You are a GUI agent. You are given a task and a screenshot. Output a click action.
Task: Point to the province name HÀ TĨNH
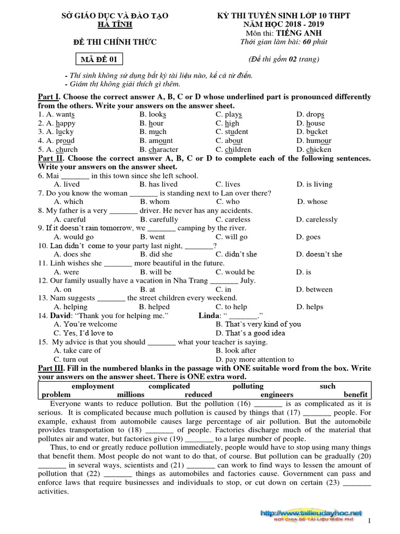click(115, 25)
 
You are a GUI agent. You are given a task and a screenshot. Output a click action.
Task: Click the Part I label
click(49, 97)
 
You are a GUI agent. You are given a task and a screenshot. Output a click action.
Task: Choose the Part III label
click(52, 368)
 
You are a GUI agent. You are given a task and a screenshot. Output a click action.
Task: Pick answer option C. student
click(232, 132)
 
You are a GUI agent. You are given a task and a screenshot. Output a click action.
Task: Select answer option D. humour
click(314, 141)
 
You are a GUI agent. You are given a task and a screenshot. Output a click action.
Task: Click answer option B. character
click(159, 150)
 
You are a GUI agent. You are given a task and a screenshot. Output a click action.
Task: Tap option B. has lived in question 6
click(158, 184)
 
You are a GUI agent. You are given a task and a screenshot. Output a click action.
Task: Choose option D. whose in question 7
click(312, 202)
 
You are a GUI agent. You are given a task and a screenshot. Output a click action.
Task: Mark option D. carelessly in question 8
click(317, 220)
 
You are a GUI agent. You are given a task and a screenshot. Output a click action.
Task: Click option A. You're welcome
click(85, 324)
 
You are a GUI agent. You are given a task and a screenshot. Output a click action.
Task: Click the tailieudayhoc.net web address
click(312, 513)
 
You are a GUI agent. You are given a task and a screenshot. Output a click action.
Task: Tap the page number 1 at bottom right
click(369, 521)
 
